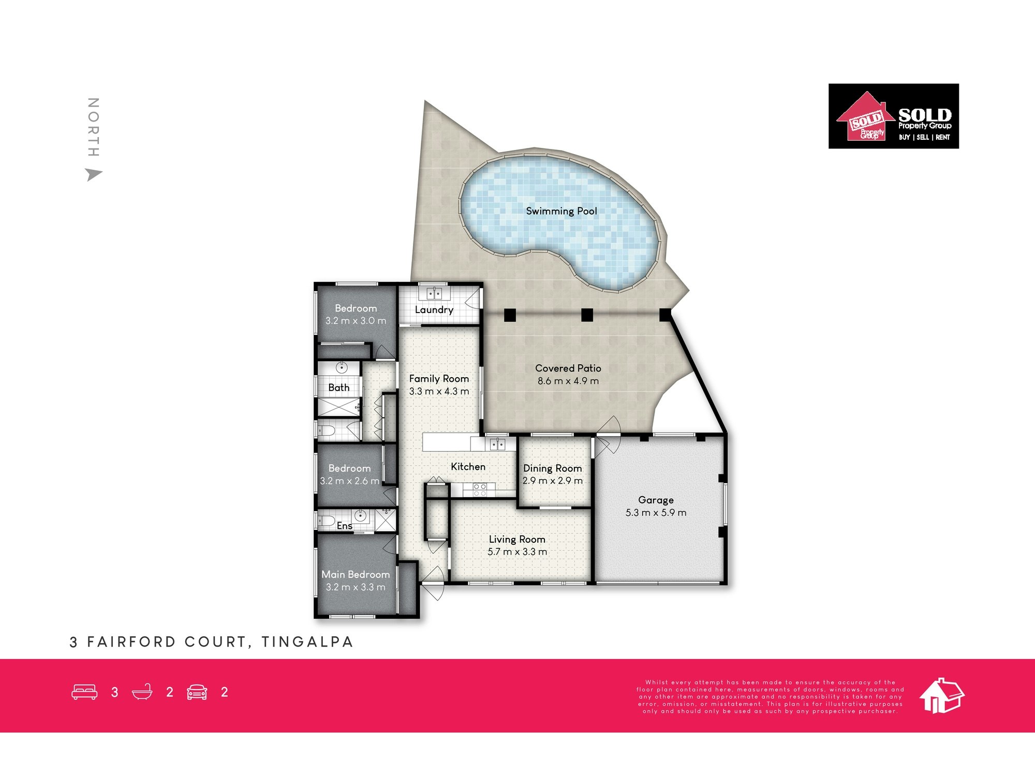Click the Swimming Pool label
561,211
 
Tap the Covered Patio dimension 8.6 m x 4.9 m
568,381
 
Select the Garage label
656,500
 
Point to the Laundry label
434,310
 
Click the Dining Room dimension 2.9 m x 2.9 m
553,481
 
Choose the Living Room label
517,540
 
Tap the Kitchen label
468,467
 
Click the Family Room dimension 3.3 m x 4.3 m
439,392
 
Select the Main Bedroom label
356,574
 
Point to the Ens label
345,526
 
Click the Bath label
338,387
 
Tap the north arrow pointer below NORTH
94,174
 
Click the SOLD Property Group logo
894,116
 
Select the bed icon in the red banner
84,692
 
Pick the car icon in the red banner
197,692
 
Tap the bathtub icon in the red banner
142,692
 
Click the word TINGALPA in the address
307,642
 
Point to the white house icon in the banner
942,696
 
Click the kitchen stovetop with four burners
479,490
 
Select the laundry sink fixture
434,294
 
